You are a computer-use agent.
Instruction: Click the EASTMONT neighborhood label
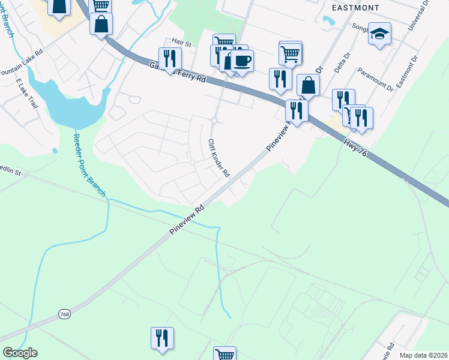click(354, 7)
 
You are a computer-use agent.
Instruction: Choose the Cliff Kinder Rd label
click(218, 158)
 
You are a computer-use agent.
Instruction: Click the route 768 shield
click(64, 314)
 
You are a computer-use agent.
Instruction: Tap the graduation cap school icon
click(379, 34)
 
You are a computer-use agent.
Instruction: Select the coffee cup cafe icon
click(243, 61)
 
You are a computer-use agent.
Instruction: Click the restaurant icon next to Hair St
click(170, 58)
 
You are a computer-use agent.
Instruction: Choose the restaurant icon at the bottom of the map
click(162, 338)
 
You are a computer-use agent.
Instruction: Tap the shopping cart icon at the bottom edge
click(224, 354)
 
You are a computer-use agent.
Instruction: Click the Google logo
click(20, 353)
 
